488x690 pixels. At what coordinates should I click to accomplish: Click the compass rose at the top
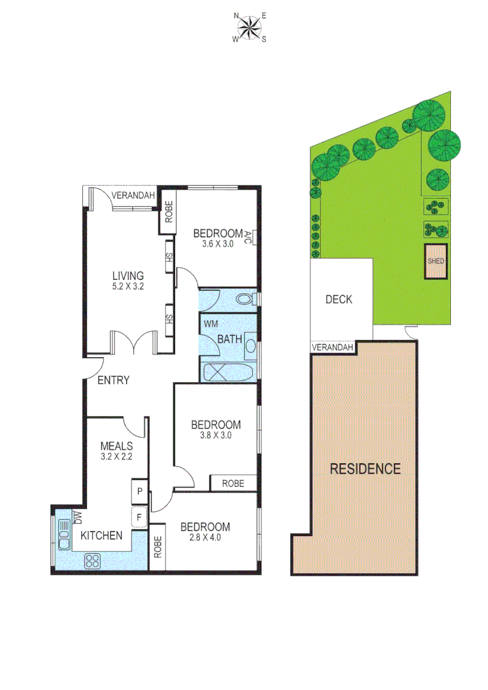[249, 27]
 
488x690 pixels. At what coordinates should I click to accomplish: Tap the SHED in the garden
[437, 261]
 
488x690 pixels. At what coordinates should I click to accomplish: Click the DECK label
[339, 299]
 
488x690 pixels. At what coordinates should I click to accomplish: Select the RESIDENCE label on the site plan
[365, 468]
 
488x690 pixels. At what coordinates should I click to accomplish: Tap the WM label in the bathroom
[211, 323]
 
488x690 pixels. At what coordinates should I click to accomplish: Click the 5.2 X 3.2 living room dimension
[126, 287]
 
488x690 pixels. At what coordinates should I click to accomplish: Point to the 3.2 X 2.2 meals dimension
[116, 457]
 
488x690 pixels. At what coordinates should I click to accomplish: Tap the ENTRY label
[113, 380]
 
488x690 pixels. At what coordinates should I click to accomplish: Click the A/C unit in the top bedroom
[254, 238]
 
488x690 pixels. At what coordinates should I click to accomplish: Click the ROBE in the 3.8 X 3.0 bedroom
[233, 484]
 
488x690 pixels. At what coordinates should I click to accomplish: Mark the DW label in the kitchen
[77, 516]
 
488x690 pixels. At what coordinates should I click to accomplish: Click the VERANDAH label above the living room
[133, 195]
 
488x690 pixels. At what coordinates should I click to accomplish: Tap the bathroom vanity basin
[250, 347]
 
